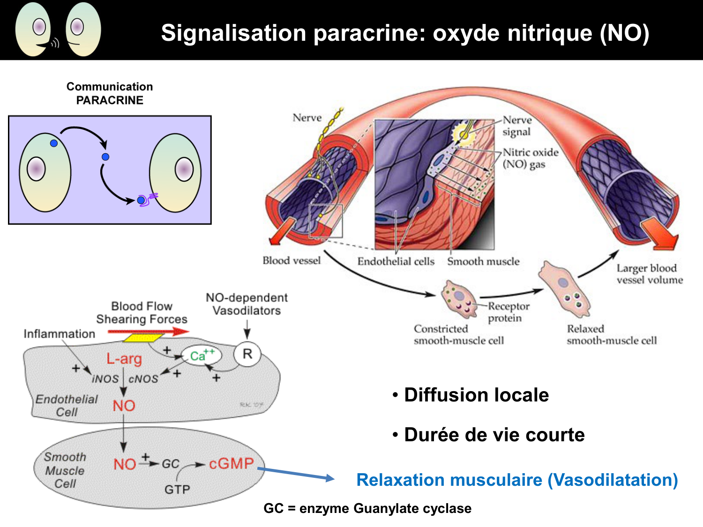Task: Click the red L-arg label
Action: point(124,359)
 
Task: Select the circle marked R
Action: point(247,354)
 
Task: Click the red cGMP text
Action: point(231,463)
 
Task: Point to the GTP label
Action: point(177,490)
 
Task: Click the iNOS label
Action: point(105,379)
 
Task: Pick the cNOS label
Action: point(143,379)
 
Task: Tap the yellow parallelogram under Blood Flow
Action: point(143,337)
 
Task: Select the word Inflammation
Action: point(59,334)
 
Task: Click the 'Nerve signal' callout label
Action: point(516,126)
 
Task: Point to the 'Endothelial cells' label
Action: point(396,261)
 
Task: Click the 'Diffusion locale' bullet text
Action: point(476,395)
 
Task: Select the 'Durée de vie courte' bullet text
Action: point(494,435)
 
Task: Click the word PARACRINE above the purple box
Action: point(110,100)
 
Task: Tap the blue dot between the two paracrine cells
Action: point(105,157)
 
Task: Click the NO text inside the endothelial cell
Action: point(124,406)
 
